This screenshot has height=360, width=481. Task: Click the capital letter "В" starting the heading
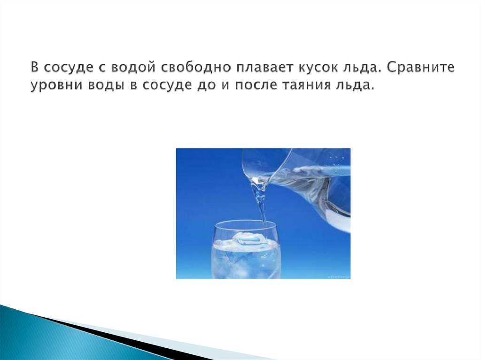[36, 68]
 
